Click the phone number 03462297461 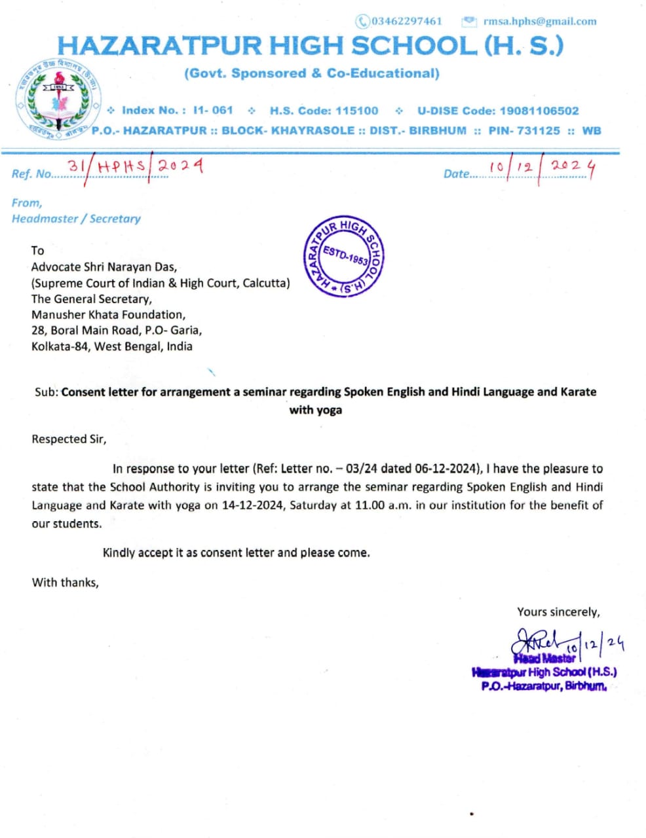pyautogui.click(x=406, y=21)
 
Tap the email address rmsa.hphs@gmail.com pyautogui.click(x=540, y=21)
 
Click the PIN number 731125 pyautogui.click(x=539, y=130)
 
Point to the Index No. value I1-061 pyautogui.click(x=213, y=111)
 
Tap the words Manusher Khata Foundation pyautogui.click(x=108, y=315)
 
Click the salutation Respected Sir pyautogui.click(x=69, y=439)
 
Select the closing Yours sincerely pyautogui.click(x=558, y=612)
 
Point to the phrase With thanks pyautogui.click(x=65, y=583)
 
